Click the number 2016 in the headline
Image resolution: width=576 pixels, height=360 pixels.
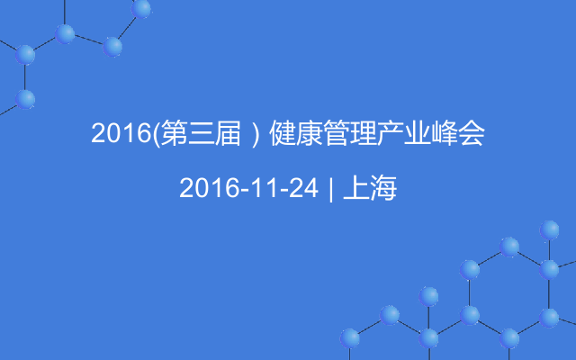pyautogui.click(x=121, y=132)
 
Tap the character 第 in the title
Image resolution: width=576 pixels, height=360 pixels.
pyautogui.click(x=174, y=132)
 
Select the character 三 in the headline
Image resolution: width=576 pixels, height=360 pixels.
pyautogui.click(x=201, y=133)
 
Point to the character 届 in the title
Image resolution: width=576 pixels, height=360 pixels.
pyautogui.click(x=228, y=132)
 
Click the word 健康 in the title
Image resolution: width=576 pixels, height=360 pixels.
pyautogui.click(x=296, y=132)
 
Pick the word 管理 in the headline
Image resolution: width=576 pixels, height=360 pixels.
pyautogui.click(x=350, y=132)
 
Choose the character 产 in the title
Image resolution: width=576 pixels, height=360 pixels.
pyautogui.click(x=391, y=132)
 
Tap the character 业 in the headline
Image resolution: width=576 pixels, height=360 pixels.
pyautogui.click(x=418, y=133)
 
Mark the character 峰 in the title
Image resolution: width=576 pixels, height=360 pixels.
pyautogui.click(x=445, y=132)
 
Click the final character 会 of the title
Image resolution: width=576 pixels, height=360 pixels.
pyautogui.click(x=472, y=132)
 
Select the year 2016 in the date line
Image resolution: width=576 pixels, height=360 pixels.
pyautogui.click(x=209, y=188)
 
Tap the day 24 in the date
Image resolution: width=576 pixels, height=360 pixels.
pyautogui.click(x=303, y=188)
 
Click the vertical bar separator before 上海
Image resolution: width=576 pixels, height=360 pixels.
pyautogui.click(x=331, y=189)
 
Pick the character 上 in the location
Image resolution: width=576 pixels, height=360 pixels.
pyautogui.click(x=356, y=188)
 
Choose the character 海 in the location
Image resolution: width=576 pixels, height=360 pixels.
pyautogui.click(x=383, y=188)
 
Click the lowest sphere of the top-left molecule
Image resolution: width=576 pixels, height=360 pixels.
pyautogui.click(x=25, y=100)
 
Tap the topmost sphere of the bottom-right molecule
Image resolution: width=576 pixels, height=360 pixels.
pyautogui.click(x=549, y=230)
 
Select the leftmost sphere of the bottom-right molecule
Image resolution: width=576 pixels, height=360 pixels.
pyautogui.click(x=350, y=338)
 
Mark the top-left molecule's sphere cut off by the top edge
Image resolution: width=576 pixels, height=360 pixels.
pyautogui.click(x=141, y=8)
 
